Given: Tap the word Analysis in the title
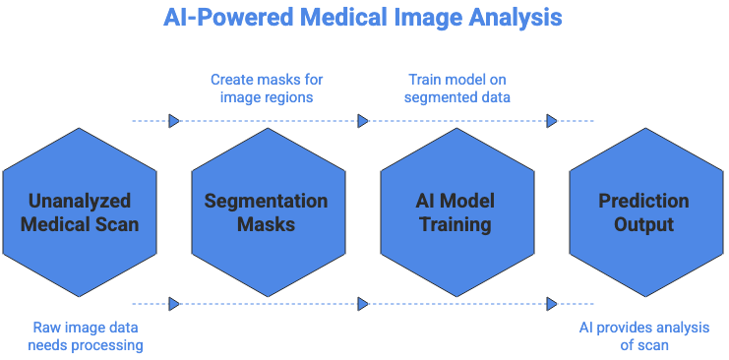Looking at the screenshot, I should click(x=519, y=19).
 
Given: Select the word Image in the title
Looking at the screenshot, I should click(x=431, y=19).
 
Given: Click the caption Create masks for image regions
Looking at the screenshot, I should click(x=266, y=87).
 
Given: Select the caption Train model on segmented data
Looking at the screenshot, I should click(x=456, y=87).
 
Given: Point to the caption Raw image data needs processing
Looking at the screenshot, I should click(x=87, y=336).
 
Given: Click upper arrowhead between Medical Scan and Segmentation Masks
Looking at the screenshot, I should click(x=174, y=122).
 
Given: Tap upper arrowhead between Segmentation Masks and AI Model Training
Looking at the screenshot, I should click(x=363, y=122).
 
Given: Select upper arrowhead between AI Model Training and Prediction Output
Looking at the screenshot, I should click(x=552, y=122).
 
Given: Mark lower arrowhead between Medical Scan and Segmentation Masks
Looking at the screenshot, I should click(x=174, y=304).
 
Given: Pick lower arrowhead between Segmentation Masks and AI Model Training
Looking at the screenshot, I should click(x=363, y=304).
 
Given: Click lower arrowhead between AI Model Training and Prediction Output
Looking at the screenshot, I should click(x=552, y=304).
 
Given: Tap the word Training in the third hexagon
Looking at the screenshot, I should click(x=456, y=224).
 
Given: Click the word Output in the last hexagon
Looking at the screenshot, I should click(x=644, y=224).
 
